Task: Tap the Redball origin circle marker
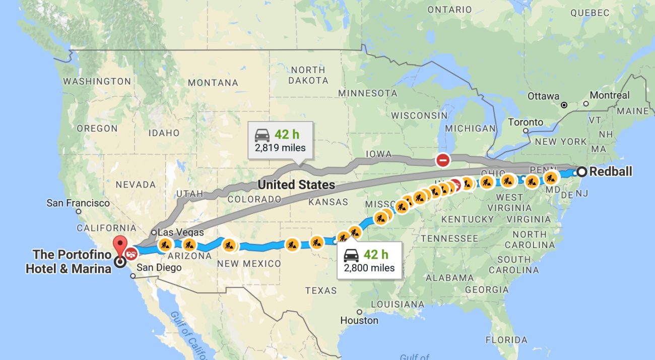tap(581, 171)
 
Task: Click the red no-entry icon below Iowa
tap(443, 160)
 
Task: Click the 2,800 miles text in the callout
tap(369, 268)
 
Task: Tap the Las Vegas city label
tap(181, 232)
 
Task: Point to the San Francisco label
tap(78, 203)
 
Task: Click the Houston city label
tap(359, 320)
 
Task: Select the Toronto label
tap(526, 122)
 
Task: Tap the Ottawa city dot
tap(564, 105)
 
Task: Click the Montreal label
tap(610, 95)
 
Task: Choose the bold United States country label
tap(296, 185)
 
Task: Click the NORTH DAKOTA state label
tap(308, 75)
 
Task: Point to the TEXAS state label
tap(320, 290)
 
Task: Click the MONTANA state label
tap(212, 83)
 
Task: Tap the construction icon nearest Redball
tap(551, 178)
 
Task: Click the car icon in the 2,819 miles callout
tap(261, 135)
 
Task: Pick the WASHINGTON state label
tap(97, 81)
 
